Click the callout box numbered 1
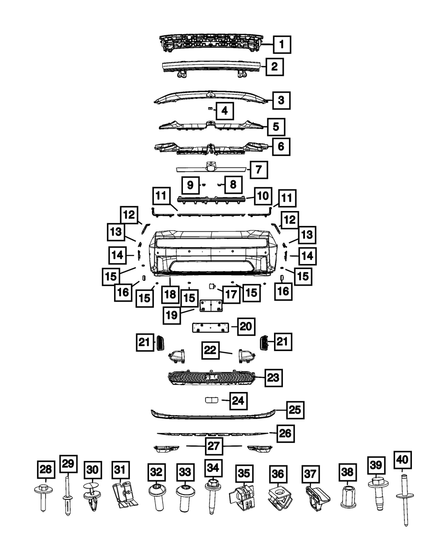pos(282,45)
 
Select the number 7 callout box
pos(259,170)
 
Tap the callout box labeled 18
pos(170,294)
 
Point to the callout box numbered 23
pos(274,377)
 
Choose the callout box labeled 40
pos(402,460)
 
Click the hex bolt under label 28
pos(43,498)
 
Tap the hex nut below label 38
pos(348,496)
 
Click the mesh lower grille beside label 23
pos(211,377)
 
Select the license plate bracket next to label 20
pos(210,327)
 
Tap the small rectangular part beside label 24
pos(211,400)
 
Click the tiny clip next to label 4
pos(210,109)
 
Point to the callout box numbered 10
pos(263,196)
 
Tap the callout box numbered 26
pos(286,434)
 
